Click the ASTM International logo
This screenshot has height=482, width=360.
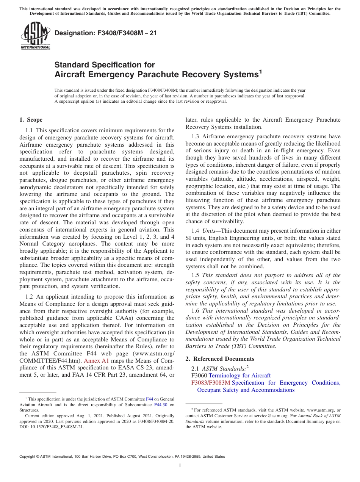coord(35,36)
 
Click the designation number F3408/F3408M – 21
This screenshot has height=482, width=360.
coord(106,33)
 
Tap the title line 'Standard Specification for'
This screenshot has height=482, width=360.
coord(105,65)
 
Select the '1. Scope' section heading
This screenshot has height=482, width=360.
coord(31,120)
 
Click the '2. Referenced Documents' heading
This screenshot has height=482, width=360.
coord(220,358)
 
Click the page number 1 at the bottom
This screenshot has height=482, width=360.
coord(180,465)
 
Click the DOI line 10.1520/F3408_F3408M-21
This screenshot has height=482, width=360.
coord(52,426)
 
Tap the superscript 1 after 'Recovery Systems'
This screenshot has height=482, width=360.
coord(260,71)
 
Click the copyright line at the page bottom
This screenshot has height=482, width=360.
coord(122,456)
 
